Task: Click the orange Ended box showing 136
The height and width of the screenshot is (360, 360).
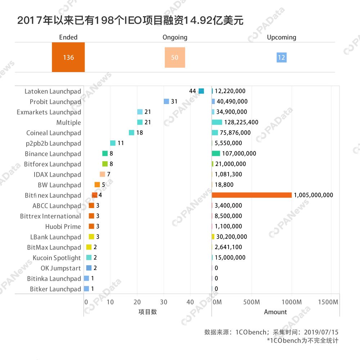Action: [x=68, y=57]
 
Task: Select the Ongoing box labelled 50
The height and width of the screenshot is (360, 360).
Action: [x=175, y=57]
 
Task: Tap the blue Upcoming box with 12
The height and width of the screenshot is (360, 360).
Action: [x=282, y=57]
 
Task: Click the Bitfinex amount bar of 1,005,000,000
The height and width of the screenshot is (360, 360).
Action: [x=252, y=195]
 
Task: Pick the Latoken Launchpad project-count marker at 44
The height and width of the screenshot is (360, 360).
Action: [x=201, y=91]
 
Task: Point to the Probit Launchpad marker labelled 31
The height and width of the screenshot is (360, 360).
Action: [x=166, y=102]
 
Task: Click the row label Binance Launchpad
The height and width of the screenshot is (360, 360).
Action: [x=53, y=154]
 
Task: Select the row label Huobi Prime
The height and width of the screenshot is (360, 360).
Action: [x=63, y=226]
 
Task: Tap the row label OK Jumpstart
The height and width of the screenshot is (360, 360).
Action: [x=61, y=268]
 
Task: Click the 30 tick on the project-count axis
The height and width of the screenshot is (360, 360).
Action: [x=164, y=302]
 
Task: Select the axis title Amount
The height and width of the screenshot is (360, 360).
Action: [x=275, y=312]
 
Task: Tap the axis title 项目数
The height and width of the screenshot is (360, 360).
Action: [x=148, y=312]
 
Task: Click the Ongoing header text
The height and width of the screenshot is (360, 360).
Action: [x=175, y=37]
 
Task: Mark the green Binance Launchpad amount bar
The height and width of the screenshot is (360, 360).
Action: [x=216, y=153]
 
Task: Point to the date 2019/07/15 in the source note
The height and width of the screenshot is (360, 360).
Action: [x=321, y=332]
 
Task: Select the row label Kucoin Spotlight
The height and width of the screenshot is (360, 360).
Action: [x=57, y=258]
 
